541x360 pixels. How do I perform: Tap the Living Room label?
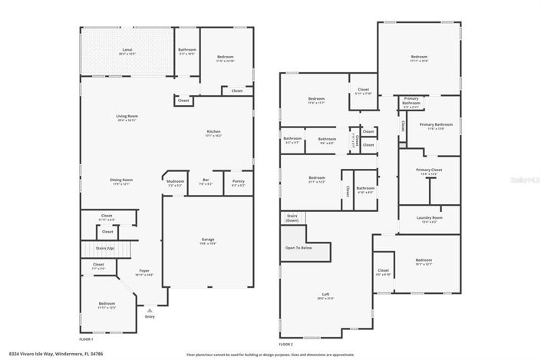pos(127,117)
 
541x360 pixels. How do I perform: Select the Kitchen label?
pos(213,132)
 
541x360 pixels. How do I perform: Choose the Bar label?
pos(206,181)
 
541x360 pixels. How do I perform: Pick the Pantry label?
pos(238,181)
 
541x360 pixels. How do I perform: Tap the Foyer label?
pos(145,271)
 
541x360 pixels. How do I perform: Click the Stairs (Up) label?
pos(105,249)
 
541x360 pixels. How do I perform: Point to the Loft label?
pos(325,294)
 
